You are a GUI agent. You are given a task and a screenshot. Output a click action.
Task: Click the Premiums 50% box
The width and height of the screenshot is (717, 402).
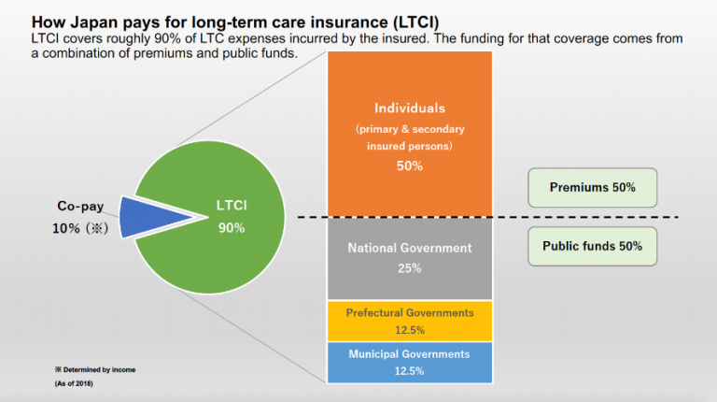592,187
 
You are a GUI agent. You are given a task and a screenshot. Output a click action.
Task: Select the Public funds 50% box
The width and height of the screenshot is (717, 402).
592,247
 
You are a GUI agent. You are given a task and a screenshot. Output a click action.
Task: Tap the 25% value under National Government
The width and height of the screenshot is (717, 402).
410,268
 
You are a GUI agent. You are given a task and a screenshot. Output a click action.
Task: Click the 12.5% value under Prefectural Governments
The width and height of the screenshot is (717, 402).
410,330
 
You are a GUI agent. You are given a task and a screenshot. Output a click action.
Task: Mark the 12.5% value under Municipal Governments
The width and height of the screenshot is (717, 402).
410,370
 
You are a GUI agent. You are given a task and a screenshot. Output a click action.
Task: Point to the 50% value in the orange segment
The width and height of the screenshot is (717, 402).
410,165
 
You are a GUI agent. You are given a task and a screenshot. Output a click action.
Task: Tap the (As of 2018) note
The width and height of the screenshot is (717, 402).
74,384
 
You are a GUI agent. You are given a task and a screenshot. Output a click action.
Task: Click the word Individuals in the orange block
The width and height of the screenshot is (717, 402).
410,108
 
